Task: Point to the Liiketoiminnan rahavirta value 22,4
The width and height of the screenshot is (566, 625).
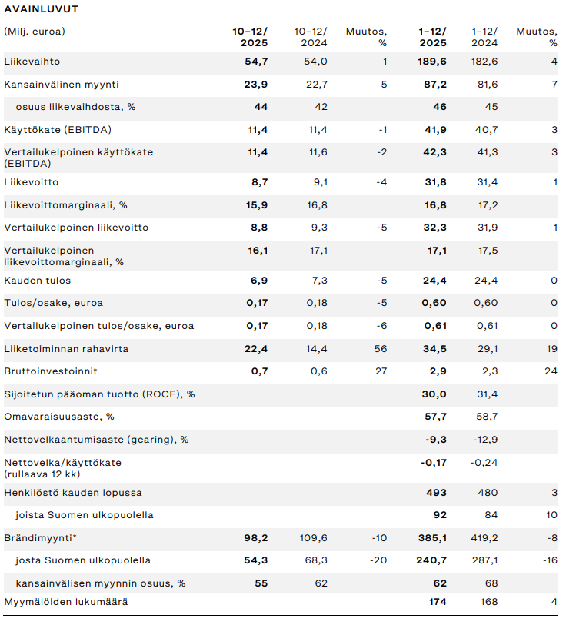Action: [256, 349]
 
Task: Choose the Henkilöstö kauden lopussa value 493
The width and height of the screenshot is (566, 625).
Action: [436, 493]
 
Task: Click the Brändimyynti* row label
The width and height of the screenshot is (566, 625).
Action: [37, 538]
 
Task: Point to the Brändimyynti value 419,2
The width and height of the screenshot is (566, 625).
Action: [484, 538]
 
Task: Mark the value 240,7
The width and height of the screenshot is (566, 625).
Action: [432, 560]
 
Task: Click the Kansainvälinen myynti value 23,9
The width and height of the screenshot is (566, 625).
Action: [256, 85]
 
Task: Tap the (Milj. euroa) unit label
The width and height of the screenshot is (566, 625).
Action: [35, 32]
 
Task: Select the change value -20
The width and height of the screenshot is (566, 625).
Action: [378, 560]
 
